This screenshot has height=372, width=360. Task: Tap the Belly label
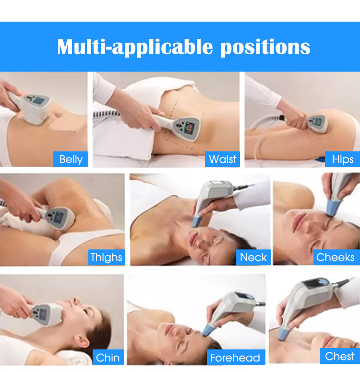71,159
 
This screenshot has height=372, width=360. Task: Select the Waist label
223,159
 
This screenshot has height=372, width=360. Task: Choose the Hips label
343,159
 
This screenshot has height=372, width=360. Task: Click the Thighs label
106,257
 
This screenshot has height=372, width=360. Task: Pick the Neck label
253,257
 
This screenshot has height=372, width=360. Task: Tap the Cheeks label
335,257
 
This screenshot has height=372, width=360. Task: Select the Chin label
108,357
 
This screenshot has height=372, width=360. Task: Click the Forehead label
235,358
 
